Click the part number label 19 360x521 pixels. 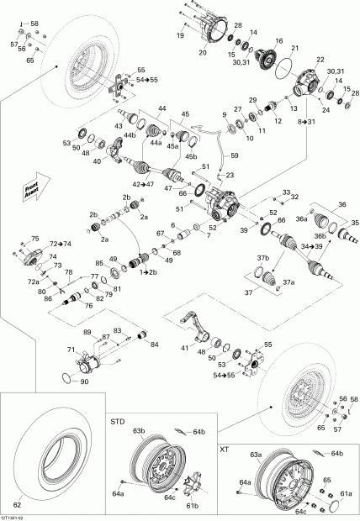pyautogui.click(x=180, y=35)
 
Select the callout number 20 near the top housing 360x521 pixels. pyautogui.click(x=203, y=53)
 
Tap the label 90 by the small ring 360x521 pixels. pyautogui.click(x=84, y=382)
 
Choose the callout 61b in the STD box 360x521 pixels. pyautogui.click(x=192, y=506)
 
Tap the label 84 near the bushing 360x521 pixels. pyautogui.click(x=154, y=344)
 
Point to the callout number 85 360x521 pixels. pyautogui.click(x=99, y=264)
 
